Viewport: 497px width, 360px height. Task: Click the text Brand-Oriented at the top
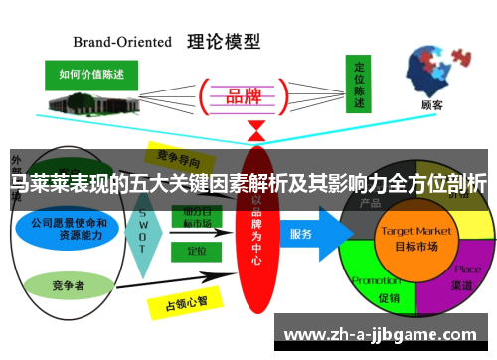(x=123, y=42)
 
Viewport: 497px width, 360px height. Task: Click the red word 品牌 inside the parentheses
(x=244, y=96)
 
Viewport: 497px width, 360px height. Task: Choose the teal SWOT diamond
(x=142, y=236)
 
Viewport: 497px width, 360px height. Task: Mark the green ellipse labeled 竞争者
(x=63, y=285)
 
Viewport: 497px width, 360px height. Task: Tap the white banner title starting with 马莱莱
(x=248, y=183)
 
